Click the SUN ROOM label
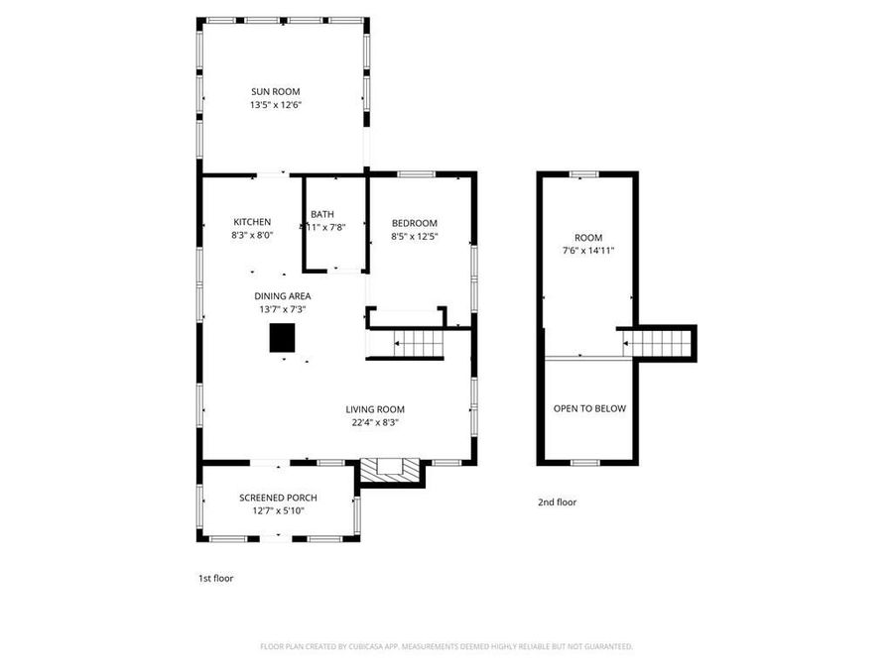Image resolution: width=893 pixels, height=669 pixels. (x=275, y=91)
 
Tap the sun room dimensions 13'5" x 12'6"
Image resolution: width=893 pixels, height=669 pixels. (x=275, y=104)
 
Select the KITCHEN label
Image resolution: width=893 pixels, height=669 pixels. (x=252, y=222)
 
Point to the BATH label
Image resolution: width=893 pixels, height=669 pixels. (x=322, y=215)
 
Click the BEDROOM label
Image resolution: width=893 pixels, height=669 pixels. (x=414, y=223)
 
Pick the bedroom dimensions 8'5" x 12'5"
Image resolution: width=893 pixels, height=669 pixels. (x=414, y=237)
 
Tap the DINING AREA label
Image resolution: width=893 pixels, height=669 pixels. (x=283, y=296)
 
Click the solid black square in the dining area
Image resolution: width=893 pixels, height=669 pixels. (x=283, y=338)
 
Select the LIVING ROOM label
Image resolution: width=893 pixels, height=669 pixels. (x=375, y=409)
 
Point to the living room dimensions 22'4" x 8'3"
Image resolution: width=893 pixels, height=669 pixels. (x=375, y=422)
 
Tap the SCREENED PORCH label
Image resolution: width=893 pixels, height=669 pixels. (x=278, y=498)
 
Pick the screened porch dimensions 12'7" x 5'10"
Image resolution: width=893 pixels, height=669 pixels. (x=278, y=510)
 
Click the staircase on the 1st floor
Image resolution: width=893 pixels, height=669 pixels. (x=418, y=345)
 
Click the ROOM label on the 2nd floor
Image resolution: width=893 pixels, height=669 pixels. (x=588, y=238)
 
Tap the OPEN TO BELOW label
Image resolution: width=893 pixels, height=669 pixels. (x=589, y=408)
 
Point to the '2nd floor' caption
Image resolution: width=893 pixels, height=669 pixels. (x=557, y=502)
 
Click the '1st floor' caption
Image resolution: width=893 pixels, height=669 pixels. (x=215, y=578)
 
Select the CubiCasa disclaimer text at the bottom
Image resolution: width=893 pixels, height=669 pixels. (x=446, y=646)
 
